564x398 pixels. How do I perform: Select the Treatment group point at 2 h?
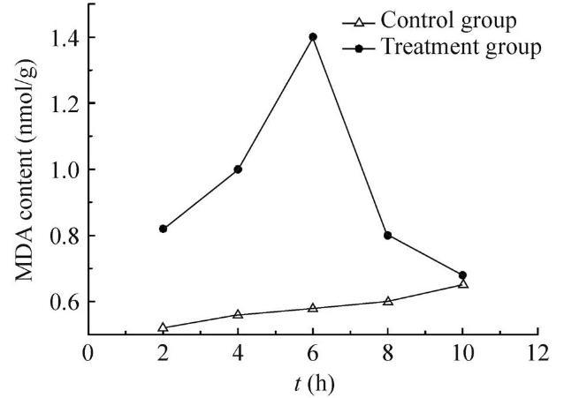(x=163, y=229)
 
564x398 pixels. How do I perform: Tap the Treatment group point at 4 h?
(x=238, y=169)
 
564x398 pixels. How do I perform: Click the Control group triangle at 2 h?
(x=163, y=327)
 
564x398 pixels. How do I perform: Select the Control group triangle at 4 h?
(x=238, y=314)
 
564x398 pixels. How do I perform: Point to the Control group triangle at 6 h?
(x=313, y=308)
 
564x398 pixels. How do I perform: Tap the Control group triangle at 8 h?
(x=387, y=301)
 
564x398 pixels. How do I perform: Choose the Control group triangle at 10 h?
(x=462, y=284)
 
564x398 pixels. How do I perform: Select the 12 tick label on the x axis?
(x=537, y=355)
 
